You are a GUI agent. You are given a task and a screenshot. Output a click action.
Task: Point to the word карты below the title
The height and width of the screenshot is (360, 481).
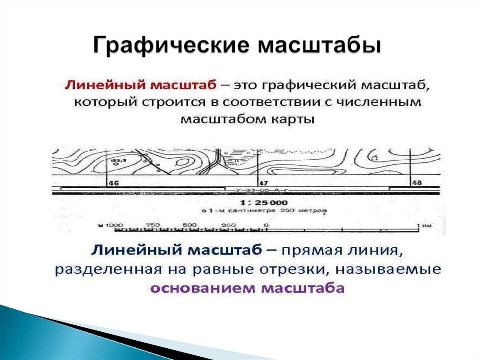(292, 119)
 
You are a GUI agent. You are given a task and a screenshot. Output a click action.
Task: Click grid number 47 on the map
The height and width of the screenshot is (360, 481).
(263, 184)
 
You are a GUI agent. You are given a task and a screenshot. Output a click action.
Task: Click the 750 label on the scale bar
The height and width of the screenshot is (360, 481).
(153, 225)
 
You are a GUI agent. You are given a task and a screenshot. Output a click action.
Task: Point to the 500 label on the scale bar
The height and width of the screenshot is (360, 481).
(190, 225)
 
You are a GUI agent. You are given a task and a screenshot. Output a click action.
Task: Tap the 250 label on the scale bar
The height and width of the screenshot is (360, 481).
(228, 225)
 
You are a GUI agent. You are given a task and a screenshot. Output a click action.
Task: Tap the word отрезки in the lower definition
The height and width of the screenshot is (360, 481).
(300, 270)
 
